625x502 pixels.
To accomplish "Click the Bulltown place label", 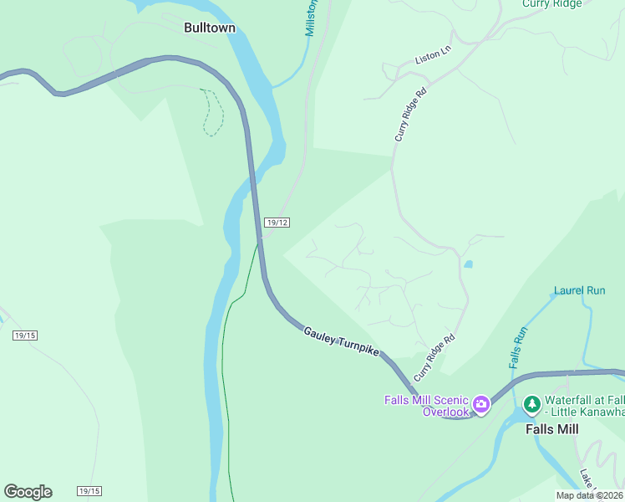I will tap(210, 28).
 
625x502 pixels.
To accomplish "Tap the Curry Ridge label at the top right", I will tap(552, 4).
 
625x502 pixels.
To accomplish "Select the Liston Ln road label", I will tap(433, 55).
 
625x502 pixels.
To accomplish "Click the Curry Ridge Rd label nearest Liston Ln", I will tap(411, 115).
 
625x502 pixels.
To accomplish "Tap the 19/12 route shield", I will tap(277, 222).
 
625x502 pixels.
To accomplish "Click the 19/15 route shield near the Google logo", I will tap(89, 490).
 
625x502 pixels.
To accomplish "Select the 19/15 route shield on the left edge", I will tap(25, 336).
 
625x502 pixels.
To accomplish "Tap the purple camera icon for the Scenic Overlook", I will tap(481, 405).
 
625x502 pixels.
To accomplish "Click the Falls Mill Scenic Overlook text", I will tap(426, 406).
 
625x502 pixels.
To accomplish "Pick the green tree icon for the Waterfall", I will tap(531, 405).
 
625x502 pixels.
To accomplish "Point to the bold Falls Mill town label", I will tap(551, 429).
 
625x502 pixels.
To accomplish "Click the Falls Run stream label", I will tap(519, 347).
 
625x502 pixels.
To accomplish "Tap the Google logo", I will tap(28, 491).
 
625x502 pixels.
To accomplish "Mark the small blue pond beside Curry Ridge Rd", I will tap(468, 264).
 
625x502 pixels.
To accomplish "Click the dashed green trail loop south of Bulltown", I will tap(213, 112).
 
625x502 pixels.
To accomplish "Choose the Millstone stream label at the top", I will tap(311, 17).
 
